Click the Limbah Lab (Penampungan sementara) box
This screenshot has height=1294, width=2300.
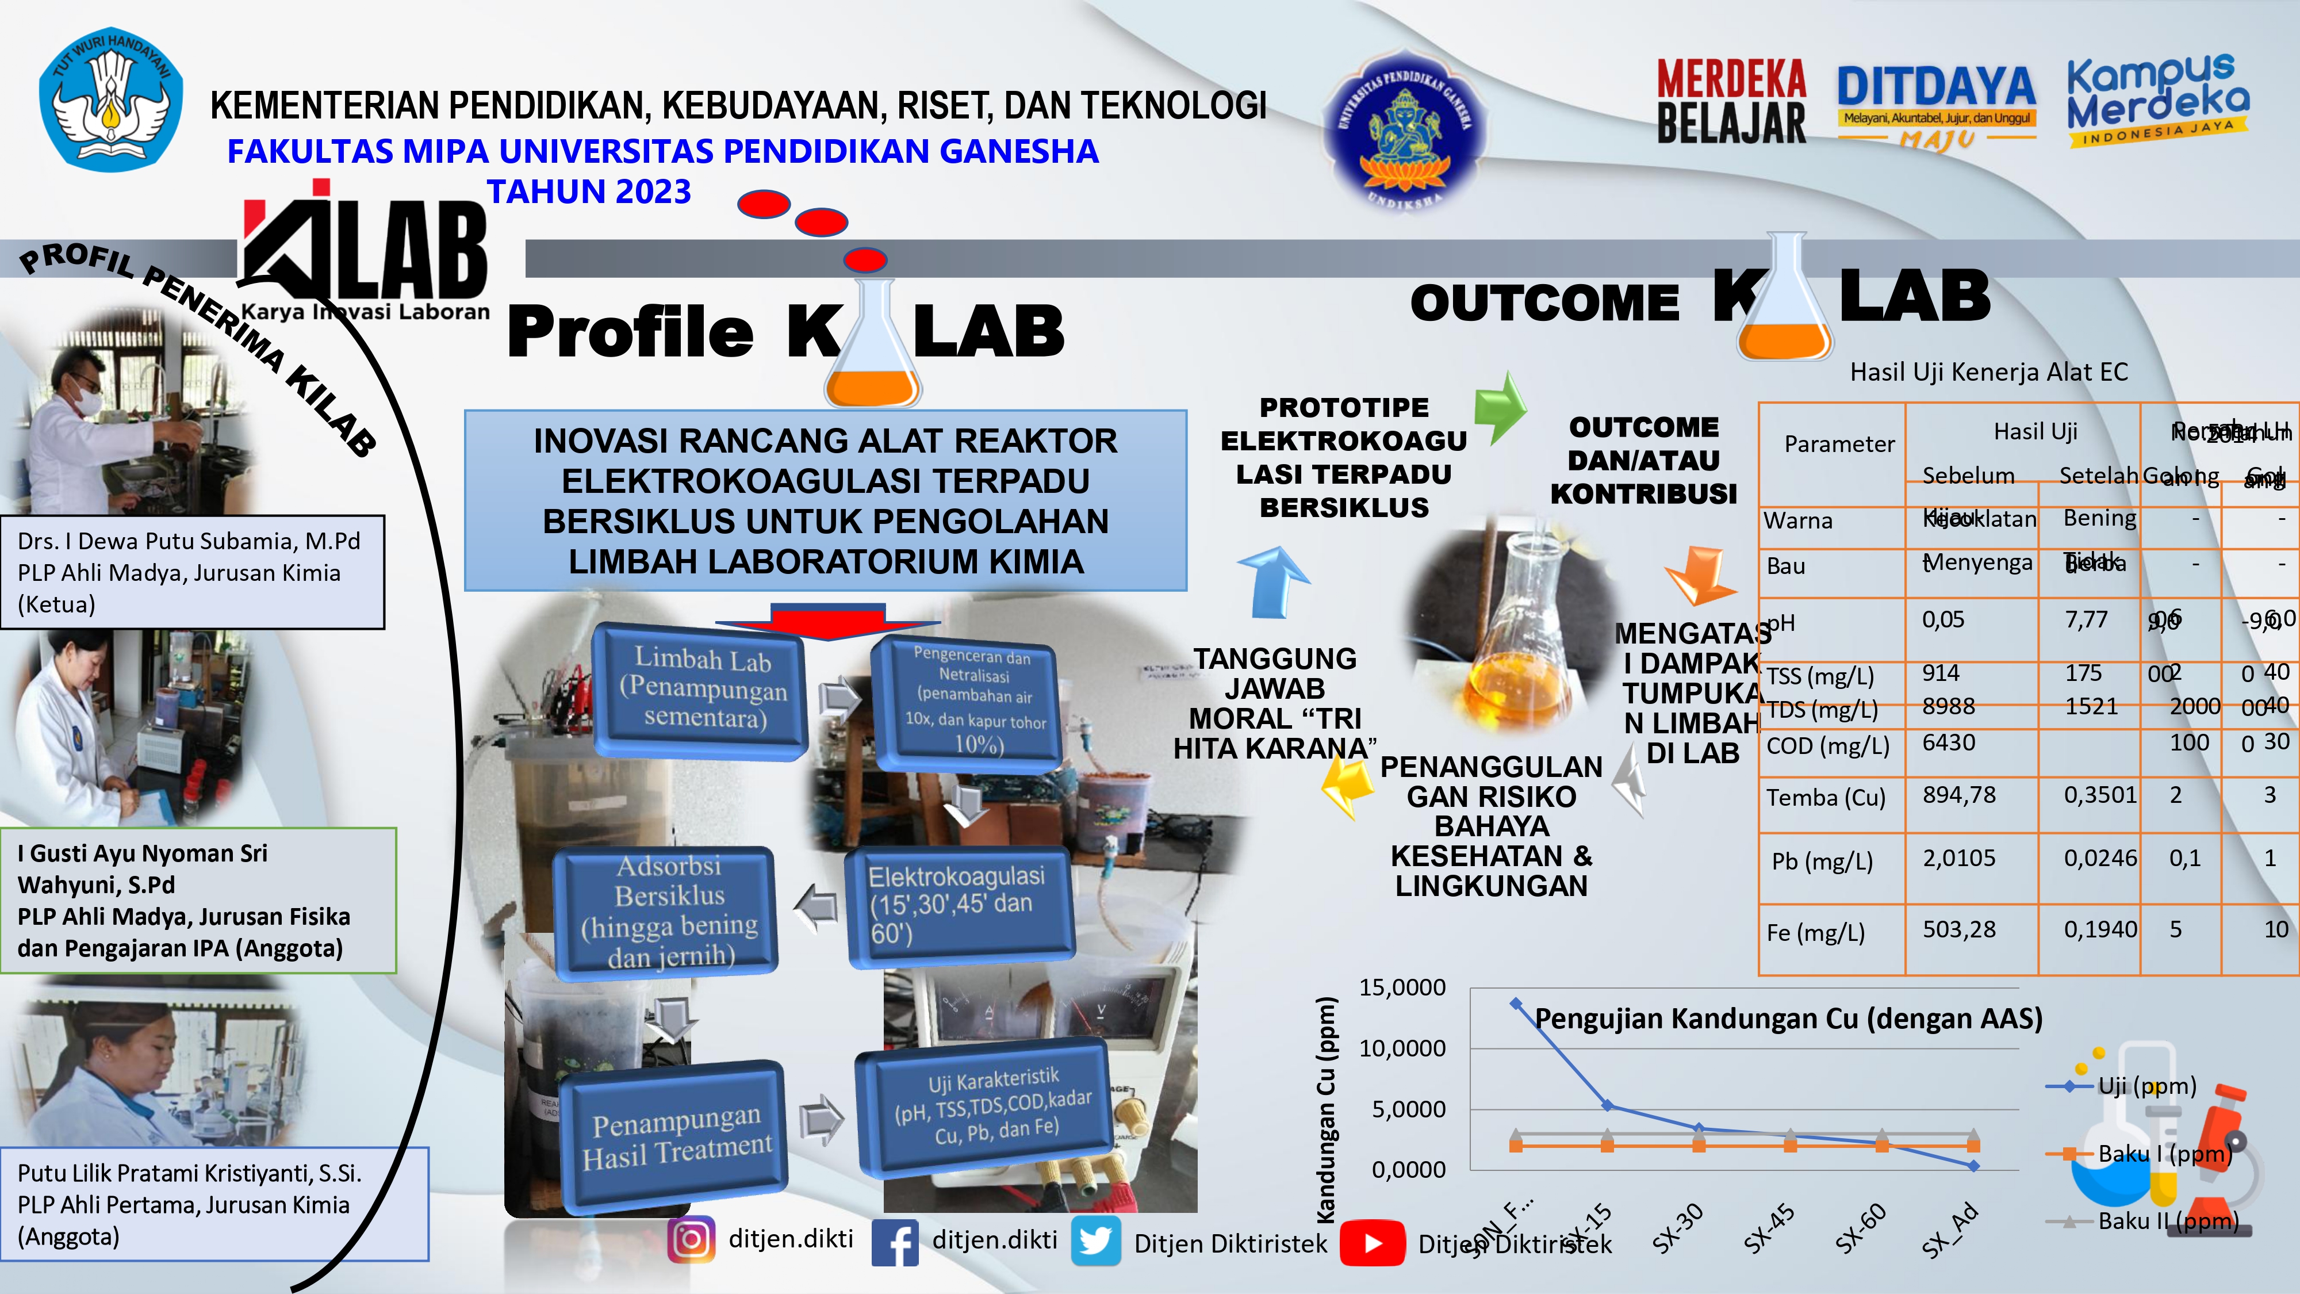[701, 690]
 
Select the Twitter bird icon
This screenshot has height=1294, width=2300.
[1095, 1241]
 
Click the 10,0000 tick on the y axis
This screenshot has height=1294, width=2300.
[1402, 1048]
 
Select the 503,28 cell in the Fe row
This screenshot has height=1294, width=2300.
[1959, 929]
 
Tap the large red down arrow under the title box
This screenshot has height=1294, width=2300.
[827, 622]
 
